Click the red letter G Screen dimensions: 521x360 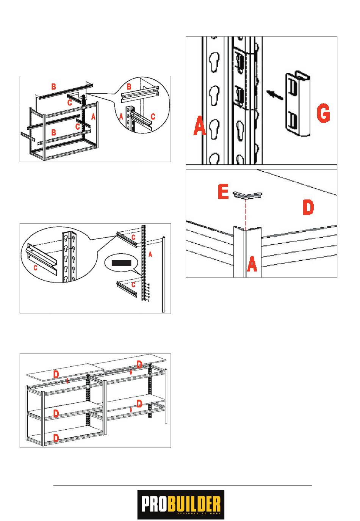click(x=323, y=114)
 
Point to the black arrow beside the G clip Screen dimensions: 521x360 click(x=274, y=94)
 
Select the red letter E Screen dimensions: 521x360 click(x=223, y=192)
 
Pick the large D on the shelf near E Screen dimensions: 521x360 click(x=308, y=208)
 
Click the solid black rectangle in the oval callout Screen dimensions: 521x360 click(x=121, y=263)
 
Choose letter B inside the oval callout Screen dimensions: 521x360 click(x=129, y=87)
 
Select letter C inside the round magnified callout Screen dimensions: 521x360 click(x=36, y=268)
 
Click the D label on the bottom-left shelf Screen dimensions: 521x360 click(x=56, y=438)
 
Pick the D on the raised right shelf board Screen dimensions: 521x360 click(x=139, y=365)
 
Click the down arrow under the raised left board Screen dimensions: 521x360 click(x=67, y=381)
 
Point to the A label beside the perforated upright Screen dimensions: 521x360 click(x=150, y=254)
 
